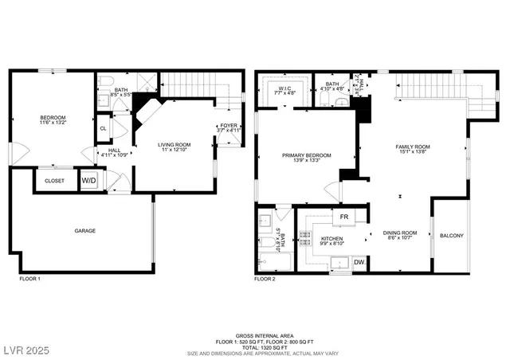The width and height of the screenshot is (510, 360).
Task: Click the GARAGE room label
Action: click(x=85, y=231)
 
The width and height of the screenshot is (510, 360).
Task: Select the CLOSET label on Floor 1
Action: click(x=54, y=181)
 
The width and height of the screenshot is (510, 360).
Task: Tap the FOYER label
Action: click(x=229, y=125)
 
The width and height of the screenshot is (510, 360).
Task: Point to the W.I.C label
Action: click(x=284, y=88)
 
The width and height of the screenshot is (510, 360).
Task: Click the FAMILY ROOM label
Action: click(x=413, y=147)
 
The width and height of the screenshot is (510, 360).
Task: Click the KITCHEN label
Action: click(x=332, y=238)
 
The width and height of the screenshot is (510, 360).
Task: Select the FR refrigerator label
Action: click(x=344, y=217)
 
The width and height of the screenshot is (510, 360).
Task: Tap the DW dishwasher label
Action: click(x=359, y=262)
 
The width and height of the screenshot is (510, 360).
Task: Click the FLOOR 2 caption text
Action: click(x=265, y=280)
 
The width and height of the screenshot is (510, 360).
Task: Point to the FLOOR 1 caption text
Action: click(x=29, y=280)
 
